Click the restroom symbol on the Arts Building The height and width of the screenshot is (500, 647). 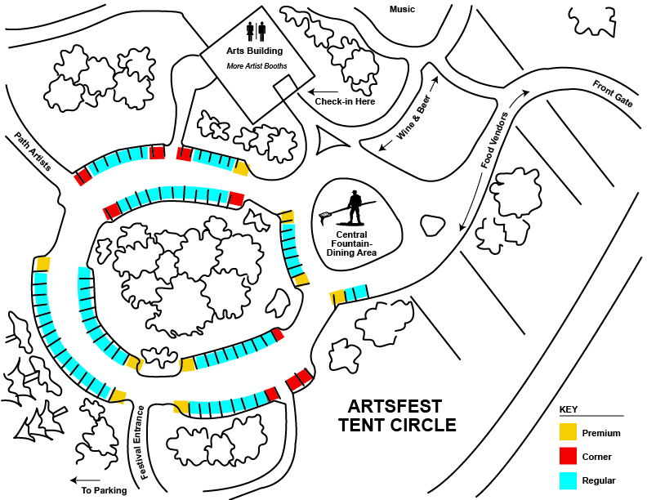coord(256,31)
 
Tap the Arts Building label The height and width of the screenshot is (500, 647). coord(255,51)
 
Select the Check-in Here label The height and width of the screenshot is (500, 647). coord(345,101)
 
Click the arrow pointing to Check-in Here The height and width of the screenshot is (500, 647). coord(323,92)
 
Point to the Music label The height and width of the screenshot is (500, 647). coord(402,9)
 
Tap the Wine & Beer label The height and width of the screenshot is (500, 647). coord(413,117)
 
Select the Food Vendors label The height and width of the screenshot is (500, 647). coord(494,140)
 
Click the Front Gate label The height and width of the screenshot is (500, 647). coord(613,94)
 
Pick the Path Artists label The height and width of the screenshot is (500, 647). coord(33,151)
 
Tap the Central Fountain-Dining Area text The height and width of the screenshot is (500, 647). coord(351,243)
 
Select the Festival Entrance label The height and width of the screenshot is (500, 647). coord(141,442)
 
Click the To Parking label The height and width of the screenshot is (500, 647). coord(104,490)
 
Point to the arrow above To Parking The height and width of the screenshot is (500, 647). coord(85,480)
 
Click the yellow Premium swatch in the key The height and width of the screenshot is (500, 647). coord(568,432)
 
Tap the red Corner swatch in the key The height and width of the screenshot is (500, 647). coord(568,456)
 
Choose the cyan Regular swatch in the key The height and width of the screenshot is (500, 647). coord(568,480)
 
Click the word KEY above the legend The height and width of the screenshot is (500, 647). coord(569,409)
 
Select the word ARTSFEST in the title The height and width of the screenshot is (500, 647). coord(395,406)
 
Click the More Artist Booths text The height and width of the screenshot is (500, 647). coord(257,66)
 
